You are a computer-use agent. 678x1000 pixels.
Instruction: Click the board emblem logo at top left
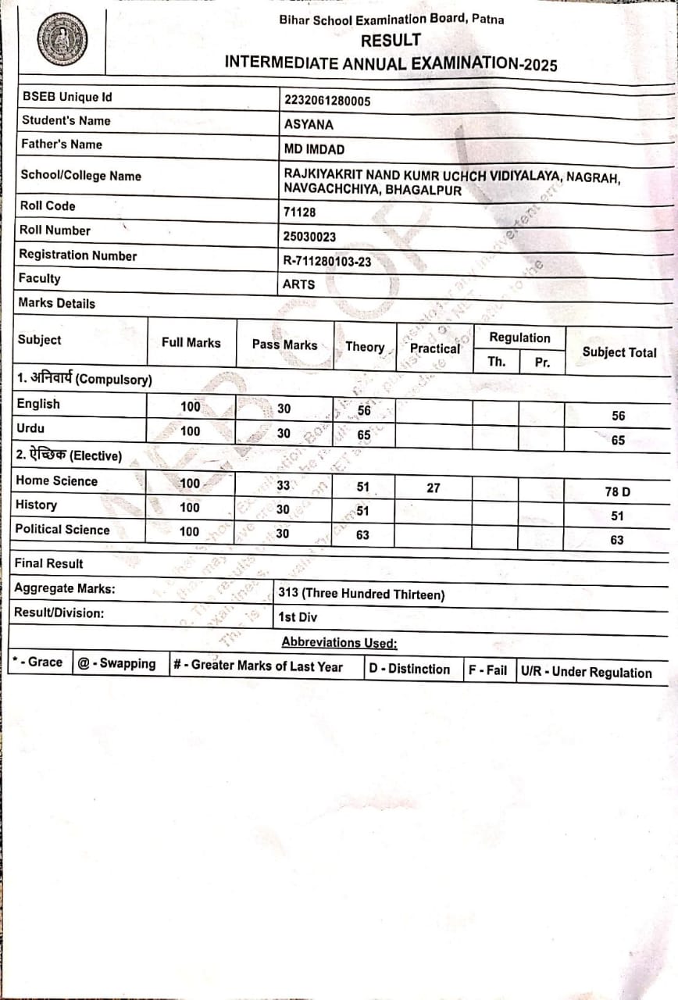tap(62, 39)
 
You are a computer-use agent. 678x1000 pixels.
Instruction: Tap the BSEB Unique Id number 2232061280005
tap(327, 100)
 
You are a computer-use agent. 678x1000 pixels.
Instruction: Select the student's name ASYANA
tap(309, 124)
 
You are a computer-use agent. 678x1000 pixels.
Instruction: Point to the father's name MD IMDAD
tap(314, 149)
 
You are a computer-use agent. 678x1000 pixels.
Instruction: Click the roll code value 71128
tap(299, 212)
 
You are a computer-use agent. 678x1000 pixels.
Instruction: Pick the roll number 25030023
tap(309, 236)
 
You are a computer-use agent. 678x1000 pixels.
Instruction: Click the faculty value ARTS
tap(299, 284)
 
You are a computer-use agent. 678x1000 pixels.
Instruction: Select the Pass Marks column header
tap(284, 345)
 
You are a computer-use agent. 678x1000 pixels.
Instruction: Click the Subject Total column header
tap(619, 352)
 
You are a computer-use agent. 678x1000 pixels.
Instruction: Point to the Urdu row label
tap(30, 428)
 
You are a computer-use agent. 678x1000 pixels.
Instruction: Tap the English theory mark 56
tap(364, 409)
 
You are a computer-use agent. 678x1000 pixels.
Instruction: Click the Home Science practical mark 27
tap(433, 487)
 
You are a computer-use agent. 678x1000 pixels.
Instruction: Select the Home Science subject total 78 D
tap(617, 491)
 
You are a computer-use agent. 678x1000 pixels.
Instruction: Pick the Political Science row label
tap(62, 530)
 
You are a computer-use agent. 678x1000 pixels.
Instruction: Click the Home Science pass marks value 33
tap(284, 485)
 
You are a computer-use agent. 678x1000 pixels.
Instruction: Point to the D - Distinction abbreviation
tap(409, 670)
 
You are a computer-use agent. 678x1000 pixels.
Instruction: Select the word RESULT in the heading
tap(391, 41)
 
